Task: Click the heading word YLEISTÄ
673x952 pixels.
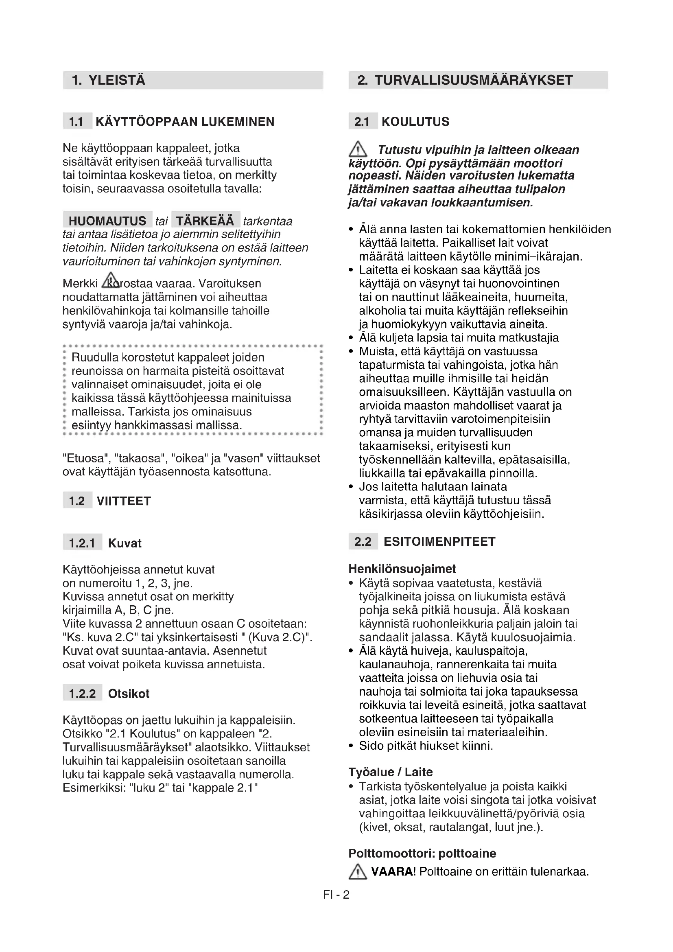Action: pos(117,80)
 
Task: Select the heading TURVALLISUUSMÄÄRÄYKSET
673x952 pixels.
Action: pos(474,80)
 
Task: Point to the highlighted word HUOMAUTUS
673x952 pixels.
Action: pos(107,220)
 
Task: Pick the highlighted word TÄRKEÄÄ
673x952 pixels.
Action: pos(205,220)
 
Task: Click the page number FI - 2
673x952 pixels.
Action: pos(336,894)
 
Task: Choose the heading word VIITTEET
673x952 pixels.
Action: pos(124,501)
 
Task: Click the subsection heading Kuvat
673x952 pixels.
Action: pos(125,543)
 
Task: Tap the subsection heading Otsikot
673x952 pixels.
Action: pos(129,694)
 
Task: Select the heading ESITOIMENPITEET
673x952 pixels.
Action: pos(439,541)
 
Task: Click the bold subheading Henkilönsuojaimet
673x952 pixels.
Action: pos(402,569)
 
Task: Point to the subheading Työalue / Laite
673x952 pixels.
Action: pos(390,772)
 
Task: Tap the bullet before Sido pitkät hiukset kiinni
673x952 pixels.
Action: pos(351,746)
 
